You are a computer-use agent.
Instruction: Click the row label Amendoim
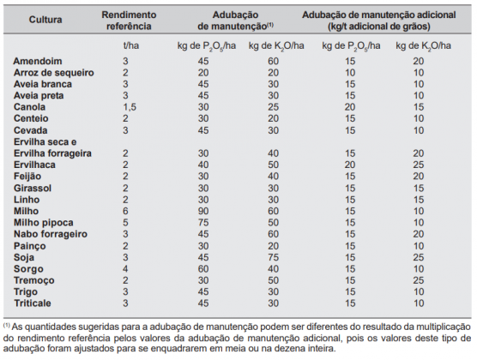(39, 63)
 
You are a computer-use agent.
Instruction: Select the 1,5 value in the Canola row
(127, 107)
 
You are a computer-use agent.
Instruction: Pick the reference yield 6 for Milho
(125, 208)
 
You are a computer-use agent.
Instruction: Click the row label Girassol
(35, 186)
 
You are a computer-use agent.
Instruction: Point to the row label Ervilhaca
(38, 164)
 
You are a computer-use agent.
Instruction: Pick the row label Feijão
(32, 175)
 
